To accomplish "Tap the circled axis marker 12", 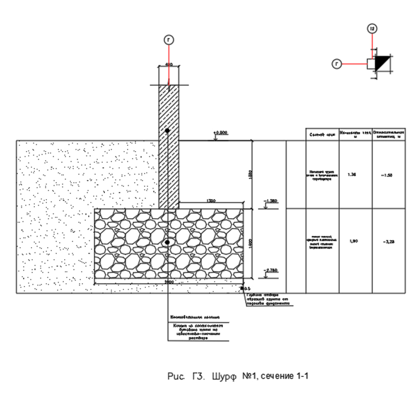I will [x=373, y=29].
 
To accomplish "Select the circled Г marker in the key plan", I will [x=337, y=64].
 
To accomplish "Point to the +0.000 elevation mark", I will [x=221, y=132].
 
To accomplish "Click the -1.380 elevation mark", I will [x=271, y=201].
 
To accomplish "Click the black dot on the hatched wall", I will [x=167, y=131].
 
